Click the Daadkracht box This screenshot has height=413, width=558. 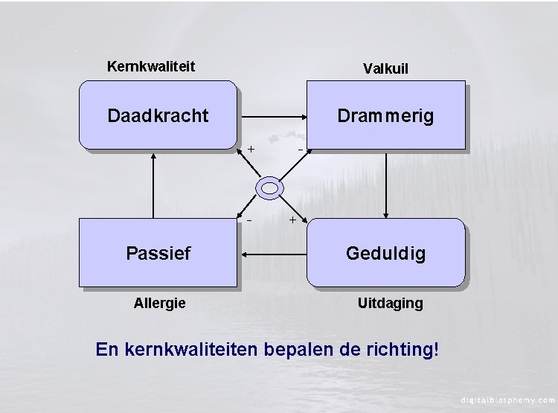point(158,116)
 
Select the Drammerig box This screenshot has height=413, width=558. point(385,116)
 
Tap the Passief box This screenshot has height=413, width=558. point(158,253)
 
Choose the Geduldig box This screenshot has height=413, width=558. point(385,253)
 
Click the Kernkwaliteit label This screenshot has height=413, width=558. point(151,66)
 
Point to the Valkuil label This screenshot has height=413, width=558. point(385,68)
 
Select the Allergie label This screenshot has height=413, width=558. point(159,303)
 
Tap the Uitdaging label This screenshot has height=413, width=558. point(390,303)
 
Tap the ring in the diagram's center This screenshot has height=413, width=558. point(269,186)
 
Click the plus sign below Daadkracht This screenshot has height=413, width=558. point(251,149)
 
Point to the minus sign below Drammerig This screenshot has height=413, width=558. point(300,149)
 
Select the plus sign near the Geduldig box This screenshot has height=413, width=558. point(292,220)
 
